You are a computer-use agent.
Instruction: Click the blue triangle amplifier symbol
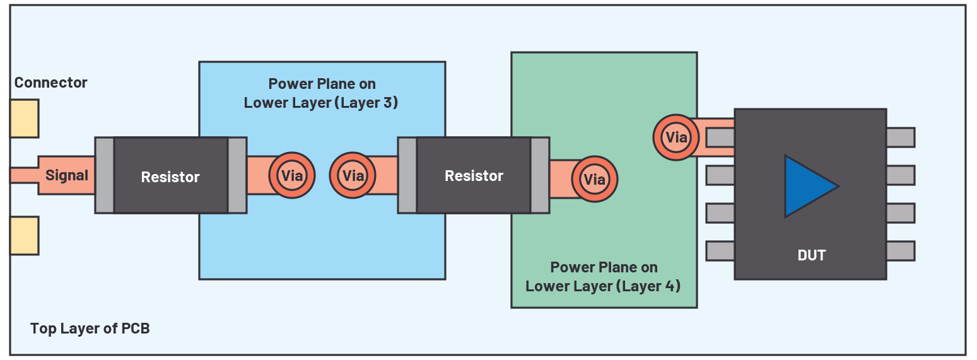coord(807,187)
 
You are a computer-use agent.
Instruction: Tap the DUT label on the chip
coord(811,255)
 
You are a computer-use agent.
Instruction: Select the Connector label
coord(50,83)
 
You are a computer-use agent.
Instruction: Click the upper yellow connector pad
coord(25,119)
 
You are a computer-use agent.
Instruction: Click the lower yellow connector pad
coord(25,235)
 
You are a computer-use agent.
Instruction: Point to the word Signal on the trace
coord(67,175)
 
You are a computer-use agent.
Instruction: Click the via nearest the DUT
coord(676,137)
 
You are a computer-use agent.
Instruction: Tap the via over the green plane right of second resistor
coord(594,180)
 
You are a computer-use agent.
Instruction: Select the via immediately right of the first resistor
coord(292,176)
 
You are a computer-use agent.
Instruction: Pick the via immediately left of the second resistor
coord(353,175)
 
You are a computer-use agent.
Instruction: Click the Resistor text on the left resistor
coord(170,177)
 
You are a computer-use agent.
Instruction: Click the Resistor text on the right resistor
coord(474,176)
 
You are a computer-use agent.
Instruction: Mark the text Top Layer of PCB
coord(90,328)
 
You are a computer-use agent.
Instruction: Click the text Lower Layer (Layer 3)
coord(321,102)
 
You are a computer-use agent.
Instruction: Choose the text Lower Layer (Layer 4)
coord(603,286)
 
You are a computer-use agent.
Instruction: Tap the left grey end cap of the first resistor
coord(105,175)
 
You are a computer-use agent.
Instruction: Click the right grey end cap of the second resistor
coord(540,175)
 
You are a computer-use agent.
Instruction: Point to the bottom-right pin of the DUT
coord(900,251)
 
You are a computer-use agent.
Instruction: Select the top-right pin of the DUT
coord(900,137)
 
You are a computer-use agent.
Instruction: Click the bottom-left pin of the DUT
coord(720,251)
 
